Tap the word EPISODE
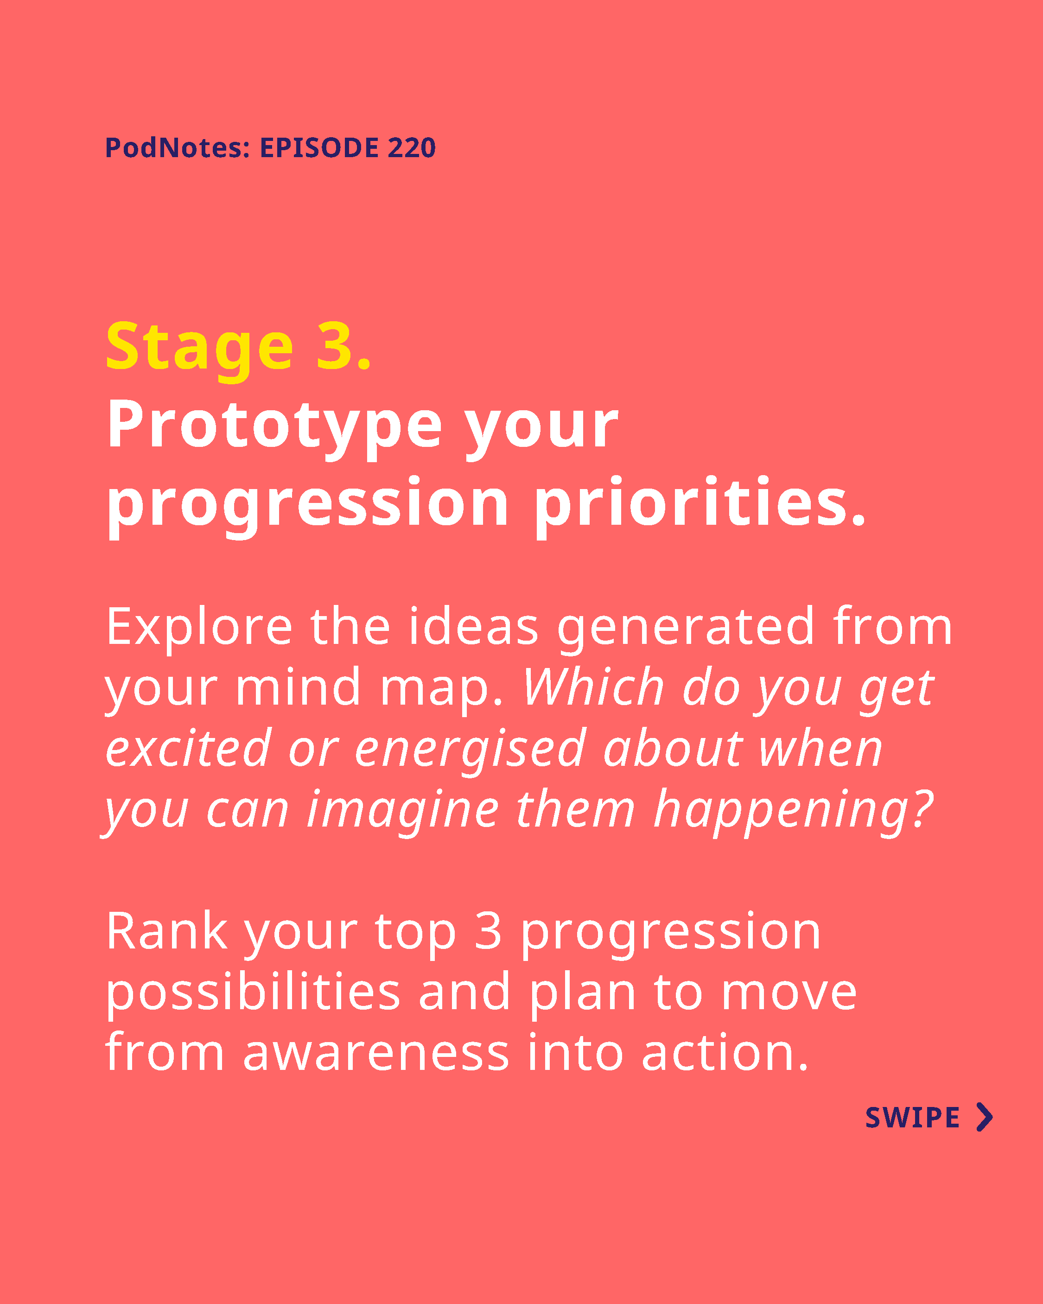coord(319,147)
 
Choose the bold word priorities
coord(700,505)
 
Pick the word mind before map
coord(298,687)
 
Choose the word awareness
coord(376,1054)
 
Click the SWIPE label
coord(912,1118)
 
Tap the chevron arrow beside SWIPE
coord(985,1117)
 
